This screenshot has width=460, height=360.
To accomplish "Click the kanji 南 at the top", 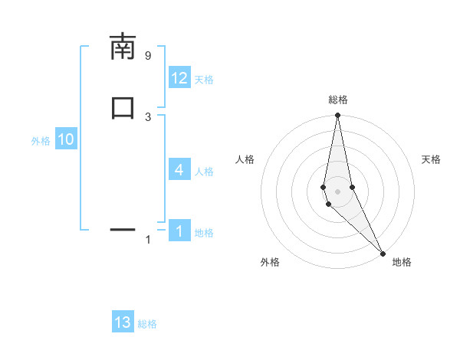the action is tap(123, 47).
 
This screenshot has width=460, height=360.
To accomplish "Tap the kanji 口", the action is tap(123, 107).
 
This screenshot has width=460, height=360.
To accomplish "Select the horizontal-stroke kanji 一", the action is tap(123, 229).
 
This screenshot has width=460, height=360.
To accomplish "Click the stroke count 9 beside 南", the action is tap(148, 56).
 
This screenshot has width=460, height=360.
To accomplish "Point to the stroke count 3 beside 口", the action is tap(148, 116).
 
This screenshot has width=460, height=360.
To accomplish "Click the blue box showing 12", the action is tap(179, 78).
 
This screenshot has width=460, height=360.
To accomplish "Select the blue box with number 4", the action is tap(179, 170).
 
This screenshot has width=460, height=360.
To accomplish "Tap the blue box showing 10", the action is tap(66, 139).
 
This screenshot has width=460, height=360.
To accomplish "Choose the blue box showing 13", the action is tap(123, 322).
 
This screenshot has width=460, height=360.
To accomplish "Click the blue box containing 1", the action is tap(179, 231).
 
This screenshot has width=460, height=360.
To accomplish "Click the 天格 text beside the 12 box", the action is tap(204, 80).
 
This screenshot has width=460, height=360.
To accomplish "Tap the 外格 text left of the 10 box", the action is tap(41, 141).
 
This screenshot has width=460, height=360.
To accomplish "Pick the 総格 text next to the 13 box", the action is tap(147, 324).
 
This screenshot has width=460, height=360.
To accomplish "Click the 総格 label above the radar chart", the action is tap(338, 100).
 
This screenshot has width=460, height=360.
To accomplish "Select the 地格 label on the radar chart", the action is tap(402, 262).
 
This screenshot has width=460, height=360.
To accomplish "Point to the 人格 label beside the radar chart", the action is tap(245, 159).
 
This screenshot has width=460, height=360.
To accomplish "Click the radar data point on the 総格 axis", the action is tap(337, 116).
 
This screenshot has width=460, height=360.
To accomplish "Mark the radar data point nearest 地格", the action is tap(383, 252).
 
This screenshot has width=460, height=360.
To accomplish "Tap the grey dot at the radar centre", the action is tap(337, 191).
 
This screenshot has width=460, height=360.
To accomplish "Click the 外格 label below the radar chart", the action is tap(270, 262).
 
